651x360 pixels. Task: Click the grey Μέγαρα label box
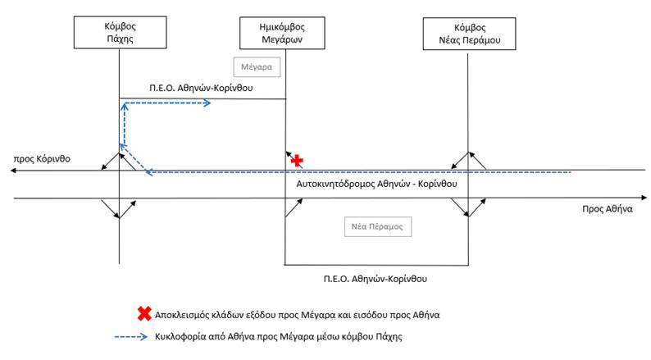pos(257,66)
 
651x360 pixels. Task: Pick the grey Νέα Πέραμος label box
pos(376,226)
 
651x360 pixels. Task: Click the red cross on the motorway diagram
pos(298,161)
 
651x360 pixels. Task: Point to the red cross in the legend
pos(144,313)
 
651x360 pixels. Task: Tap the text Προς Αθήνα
pos(608,209)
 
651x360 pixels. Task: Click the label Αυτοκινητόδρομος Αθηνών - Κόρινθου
pos(376,184)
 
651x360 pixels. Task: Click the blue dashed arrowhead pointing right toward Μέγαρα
pos(209,103)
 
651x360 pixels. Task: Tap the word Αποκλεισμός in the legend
pos(185,314)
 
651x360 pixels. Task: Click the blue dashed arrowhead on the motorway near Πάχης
pos(148,172)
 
